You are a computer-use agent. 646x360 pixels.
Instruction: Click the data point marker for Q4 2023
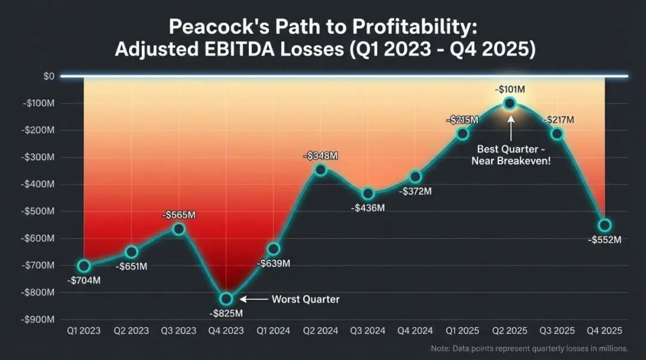226,298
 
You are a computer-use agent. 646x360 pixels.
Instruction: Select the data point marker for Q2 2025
510,103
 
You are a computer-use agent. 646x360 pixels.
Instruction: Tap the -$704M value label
83,280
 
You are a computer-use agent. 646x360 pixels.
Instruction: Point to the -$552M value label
605,240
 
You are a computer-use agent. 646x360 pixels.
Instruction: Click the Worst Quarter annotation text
306,299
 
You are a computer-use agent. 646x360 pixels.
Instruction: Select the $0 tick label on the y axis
48,76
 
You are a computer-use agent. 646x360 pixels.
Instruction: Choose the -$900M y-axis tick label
38,319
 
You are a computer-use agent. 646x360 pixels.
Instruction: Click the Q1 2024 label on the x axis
273,331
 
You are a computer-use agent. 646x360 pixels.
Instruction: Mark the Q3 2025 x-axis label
556,331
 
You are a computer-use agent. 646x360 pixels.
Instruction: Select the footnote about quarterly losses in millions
529,348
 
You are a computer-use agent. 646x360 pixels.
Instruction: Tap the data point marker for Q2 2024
321,169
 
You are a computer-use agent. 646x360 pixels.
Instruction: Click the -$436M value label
367,208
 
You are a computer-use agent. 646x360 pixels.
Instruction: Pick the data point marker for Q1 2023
84,266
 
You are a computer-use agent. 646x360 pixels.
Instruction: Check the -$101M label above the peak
510,90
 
